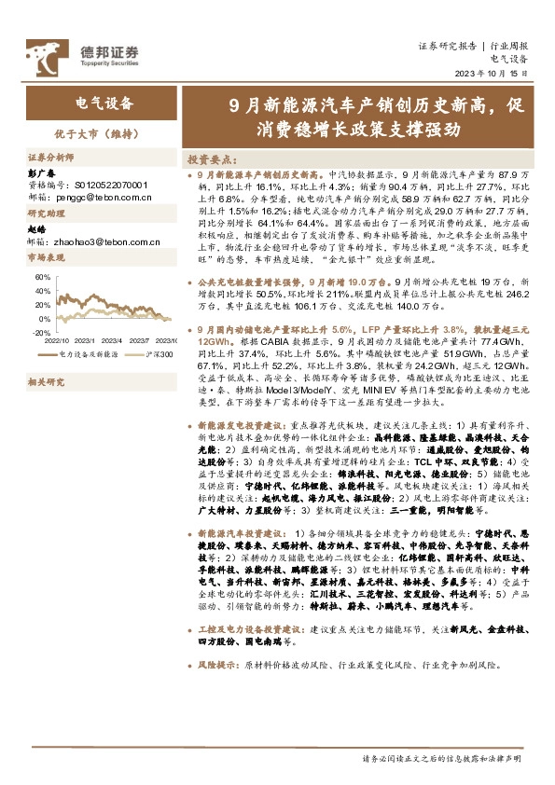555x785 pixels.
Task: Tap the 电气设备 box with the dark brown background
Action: click(x=104, y=103)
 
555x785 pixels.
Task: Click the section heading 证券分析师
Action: click(x=50, y=158)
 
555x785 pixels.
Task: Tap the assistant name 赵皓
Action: click(x=38, y=229)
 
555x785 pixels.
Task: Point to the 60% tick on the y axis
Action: click(x=44, y=277)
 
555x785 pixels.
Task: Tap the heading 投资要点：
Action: click(x=213, y=159)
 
